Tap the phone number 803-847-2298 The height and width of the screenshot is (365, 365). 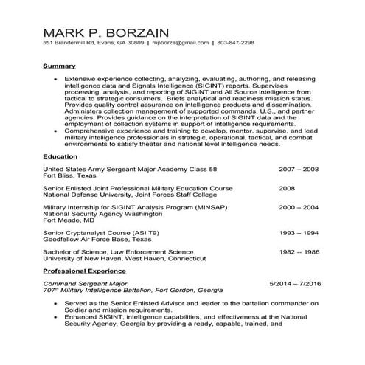pos(235,43)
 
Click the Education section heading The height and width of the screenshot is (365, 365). pos(60,156)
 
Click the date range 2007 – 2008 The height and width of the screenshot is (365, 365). pos(298,169)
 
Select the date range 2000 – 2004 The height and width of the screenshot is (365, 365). pos(298,207)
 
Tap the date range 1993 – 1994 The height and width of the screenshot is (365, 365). pos(298,232)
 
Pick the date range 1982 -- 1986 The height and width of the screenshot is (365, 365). pos(298,251)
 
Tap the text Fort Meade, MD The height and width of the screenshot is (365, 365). pos(69,220)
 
